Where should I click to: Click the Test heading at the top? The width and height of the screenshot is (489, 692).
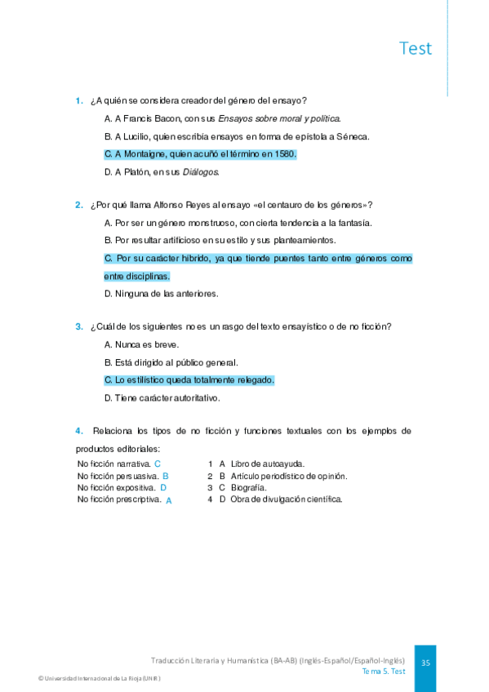tap(416, 48)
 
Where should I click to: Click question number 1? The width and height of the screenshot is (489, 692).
tap(79, 101)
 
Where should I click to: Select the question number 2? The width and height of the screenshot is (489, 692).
tap(79, 205)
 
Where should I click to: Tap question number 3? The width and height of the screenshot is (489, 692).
tap(79, 327)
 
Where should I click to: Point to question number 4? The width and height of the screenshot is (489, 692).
tap(79, 430)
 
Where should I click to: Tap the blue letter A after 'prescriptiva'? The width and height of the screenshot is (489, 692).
tap(169, 500)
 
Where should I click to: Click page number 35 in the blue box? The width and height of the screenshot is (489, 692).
tap(425, 663)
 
